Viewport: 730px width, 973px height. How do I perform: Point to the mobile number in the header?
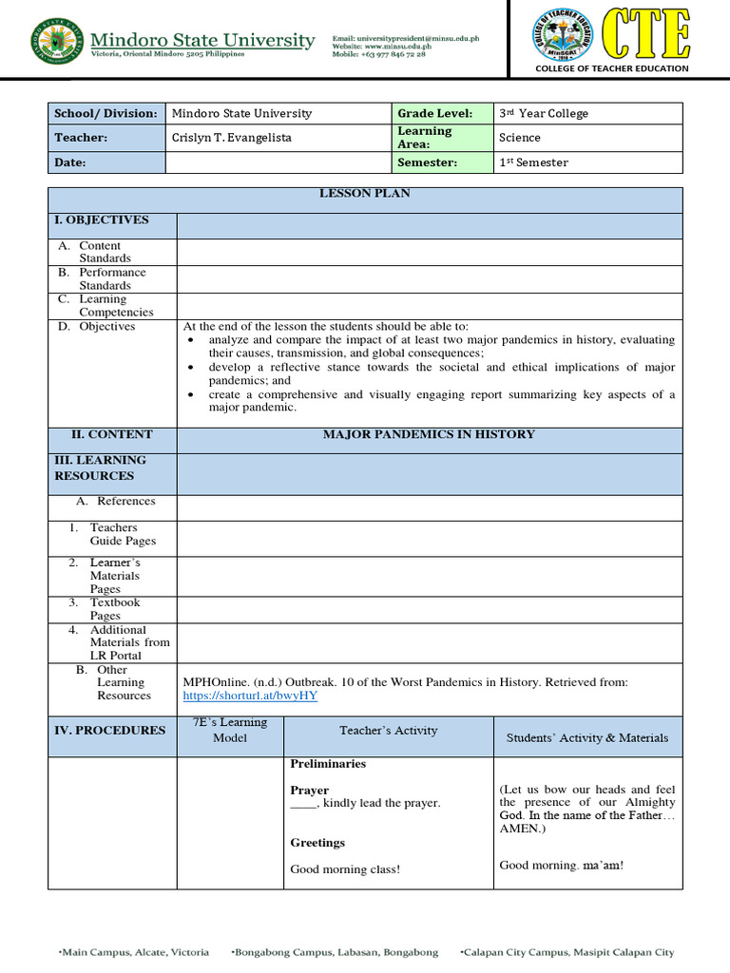(378, 55)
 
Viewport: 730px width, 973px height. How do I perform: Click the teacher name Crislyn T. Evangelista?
(231, 138)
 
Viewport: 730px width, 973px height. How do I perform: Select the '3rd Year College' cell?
(544, 113)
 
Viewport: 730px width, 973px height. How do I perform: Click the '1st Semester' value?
(533, 162)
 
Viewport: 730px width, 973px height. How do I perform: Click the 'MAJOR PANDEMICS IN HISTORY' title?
(429, 434)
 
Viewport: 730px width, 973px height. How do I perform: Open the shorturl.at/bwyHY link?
(250, 696)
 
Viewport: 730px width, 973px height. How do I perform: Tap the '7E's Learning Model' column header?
(230, 730)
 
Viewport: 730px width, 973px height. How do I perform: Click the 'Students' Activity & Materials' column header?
(586, 737)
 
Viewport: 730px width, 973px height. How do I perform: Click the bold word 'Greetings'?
(317, 843)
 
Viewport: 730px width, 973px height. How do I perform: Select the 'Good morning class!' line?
(345, 869)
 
